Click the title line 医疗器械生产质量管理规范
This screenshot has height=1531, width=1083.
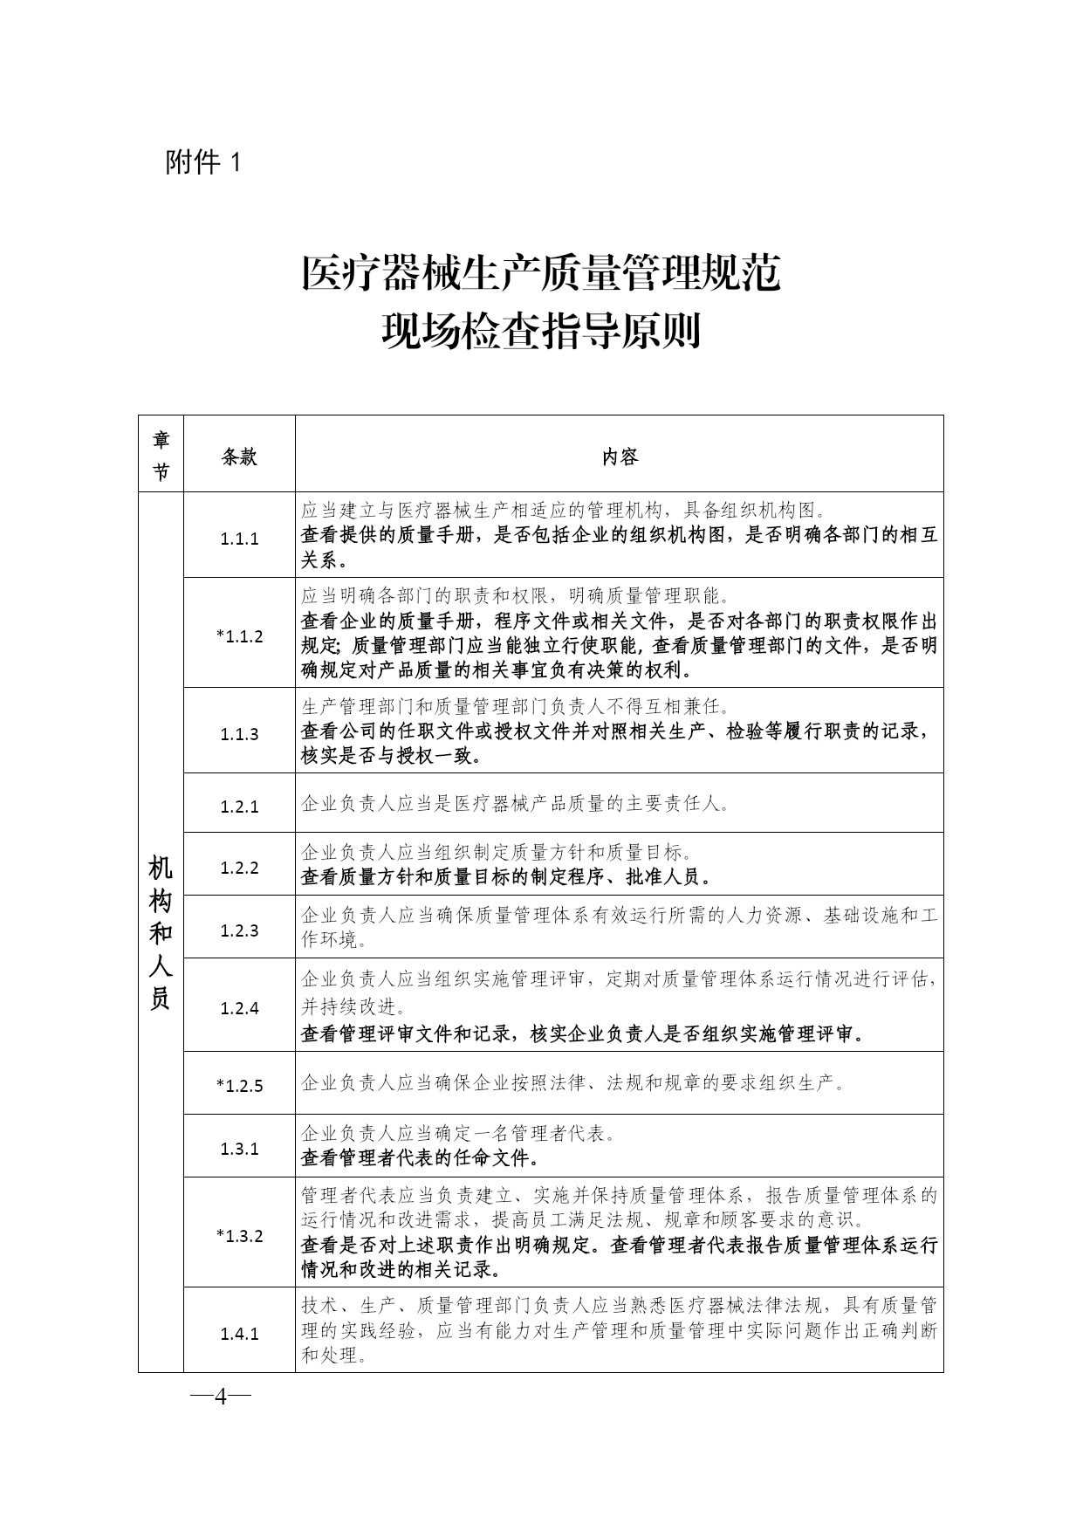click(541, 274)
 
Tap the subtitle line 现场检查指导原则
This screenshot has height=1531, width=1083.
click(541, 331)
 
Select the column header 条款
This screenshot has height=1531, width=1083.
click(239, 457)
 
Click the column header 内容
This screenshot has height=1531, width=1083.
click(620, 457)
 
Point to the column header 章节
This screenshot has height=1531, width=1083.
click(161, 455)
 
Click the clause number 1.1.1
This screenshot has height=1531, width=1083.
click(239, 539)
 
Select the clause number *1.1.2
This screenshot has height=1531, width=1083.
click(239, 636)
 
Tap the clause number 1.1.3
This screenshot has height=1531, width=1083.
click(239, 734)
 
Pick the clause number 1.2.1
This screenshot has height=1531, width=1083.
click(239, 806)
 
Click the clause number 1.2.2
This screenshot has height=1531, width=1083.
click(239, 868)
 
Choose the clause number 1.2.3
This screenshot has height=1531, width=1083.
click(239, 930)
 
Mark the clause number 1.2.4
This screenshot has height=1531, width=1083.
click(239, 1008)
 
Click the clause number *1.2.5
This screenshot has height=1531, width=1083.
click(239, 1086)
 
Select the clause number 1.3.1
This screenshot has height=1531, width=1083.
click(239, 1149)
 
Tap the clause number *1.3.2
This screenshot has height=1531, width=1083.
click(239, 1236)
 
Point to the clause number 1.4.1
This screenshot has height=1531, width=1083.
click(239, 1334)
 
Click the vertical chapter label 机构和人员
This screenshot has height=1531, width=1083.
click(161, 932)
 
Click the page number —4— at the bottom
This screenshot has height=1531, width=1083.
click(220, 1397)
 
